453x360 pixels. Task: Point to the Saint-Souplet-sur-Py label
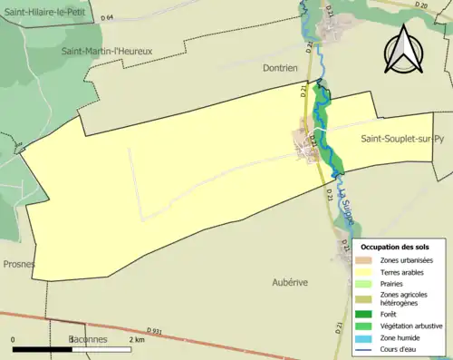pyautogui.click(x=402, y=139)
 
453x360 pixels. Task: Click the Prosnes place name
pyautogui.click(x=18, y=264)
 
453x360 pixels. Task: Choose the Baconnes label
pyautogui.click(x=89, y=339)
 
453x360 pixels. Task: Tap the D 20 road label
pyautogui.click(x=421, y=5)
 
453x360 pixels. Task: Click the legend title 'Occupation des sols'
pyautogui.click(x=395, y=247)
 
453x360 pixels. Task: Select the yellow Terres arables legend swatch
pyautogui.click(x=366, y=270)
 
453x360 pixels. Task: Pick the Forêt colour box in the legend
pyautogui.click(x=366, y=314)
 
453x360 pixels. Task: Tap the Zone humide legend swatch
pyautogui.click(x=366, y=336)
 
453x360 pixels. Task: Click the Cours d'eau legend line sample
pyautogui.click(x=366, y=348)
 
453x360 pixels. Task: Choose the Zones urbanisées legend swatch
pyautogui.click(x=366, y=259)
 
